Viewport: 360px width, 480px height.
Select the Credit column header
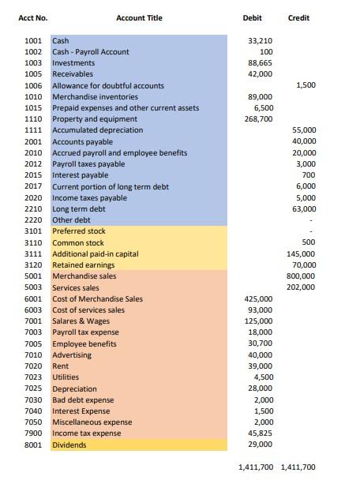298,17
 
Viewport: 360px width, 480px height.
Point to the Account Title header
139,17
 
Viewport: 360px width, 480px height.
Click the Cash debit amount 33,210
261,40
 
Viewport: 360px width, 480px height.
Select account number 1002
34,51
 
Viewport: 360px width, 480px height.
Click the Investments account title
73,62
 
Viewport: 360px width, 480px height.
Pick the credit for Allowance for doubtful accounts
306,85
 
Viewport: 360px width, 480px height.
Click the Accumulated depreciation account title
98,129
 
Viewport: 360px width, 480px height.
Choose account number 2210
34,208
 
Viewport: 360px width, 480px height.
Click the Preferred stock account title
79,231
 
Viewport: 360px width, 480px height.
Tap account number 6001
34,298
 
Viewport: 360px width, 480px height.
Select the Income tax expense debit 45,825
261,433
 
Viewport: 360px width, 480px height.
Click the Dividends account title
69,445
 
